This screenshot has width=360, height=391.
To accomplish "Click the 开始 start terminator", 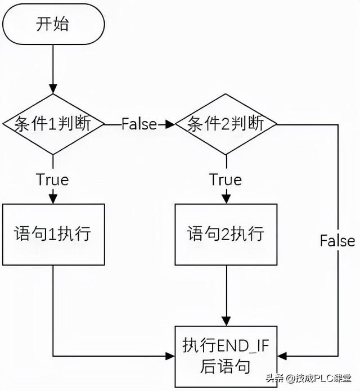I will (x=53, y=24).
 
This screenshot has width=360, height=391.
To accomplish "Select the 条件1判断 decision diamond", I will (x=53, y=124).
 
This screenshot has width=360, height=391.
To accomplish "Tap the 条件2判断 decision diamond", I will (x=226, y=124).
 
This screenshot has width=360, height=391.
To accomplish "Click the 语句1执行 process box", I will (x=53, y=233).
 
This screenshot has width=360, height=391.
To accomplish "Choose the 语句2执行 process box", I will (x=226, y=233).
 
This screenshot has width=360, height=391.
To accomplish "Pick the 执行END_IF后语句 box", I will (x=226, y=356).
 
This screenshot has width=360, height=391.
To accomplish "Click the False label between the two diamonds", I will (x=139, y=124).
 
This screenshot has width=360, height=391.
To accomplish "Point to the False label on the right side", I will (x=337, y=241).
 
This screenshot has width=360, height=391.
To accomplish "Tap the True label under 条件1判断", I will (x=52, y=179).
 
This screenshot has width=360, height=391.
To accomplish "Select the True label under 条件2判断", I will (x=226, y=179).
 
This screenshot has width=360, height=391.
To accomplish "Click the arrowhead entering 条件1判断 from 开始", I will (x=53, y=91).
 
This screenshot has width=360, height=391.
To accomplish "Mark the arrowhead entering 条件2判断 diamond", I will (x=170, y=124).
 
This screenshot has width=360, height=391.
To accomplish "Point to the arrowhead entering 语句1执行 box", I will (x=53, y=199).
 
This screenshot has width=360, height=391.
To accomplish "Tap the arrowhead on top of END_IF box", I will (x=226, y=321).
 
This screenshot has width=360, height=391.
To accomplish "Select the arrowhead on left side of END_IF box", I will (x=170, y=356).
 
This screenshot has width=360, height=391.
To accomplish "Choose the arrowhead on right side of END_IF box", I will (x=281, y=356).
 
